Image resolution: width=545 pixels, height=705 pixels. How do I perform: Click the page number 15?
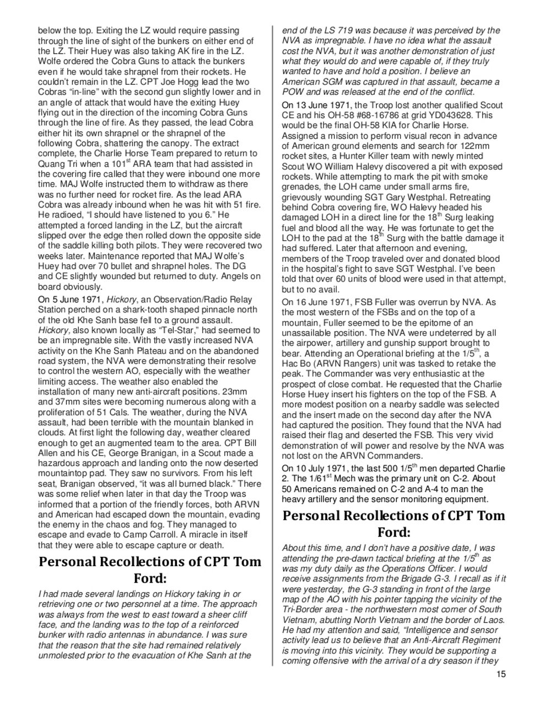click(500, 674)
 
